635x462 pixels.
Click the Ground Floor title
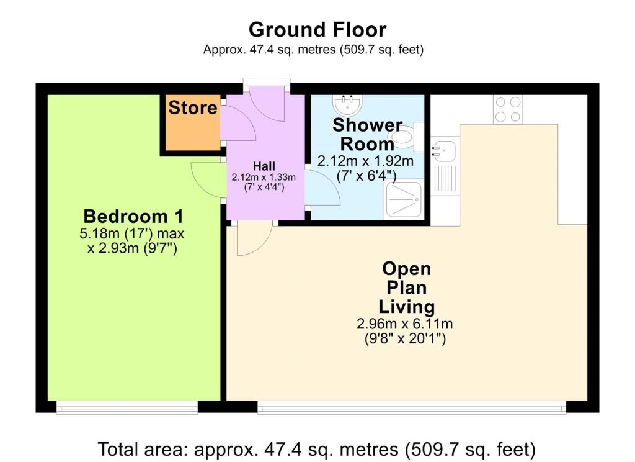click(317, 30)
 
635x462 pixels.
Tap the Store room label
click(193, 107)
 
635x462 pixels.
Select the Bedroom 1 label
click(133, 217)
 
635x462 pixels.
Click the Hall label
click(263, 166)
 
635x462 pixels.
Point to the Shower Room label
click(367, 134)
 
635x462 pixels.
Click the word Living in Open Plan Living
click(407, 306)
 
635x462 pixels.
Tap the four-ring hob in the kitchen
click(508, 109)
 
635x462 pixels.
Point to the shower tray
click(404, 199)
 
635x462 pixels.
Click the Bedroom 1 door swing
click(206, 181)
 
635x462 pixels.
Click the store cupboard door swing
click(239, 124)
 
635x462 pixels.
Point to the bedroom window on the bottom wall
click(127, 407)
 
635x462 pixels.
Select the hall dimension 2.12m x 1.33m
click(263, 177)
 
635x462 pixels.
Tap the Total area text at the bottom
click(316, 448)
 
